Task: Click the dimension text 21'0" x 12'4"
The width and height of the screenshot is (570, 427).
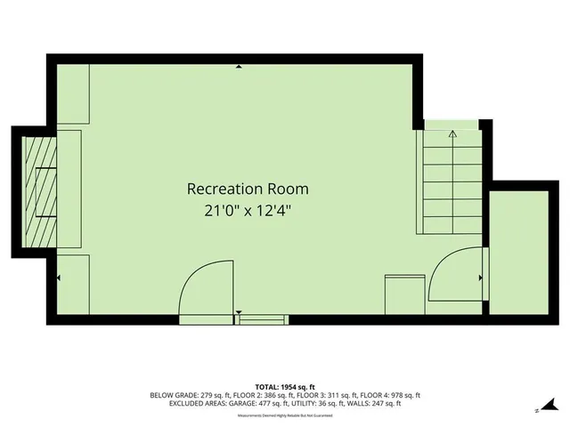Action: pos(247,211)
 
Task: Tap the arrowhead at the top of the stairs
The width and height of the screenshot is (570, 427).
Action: pos(452,135)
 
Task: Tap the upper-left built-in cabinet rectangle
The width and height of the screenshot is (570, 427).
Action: pos(73,93)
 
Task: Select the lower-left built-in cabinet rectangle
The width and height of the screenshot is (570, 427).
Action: pos(73,284)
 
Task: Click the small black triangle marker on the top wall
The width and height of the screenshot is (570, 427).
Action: pos(239,67)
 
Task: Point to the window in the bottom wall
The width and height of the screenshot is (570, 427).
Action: pos(264,318)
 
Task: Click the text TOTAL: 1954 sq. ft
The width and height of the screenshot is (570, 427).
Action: pos(284,386)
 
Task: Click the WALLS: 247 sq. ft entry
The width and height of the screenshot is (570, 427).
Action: pos(376,403)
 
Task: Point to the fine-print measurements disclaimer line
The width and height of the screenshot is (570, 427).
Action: pos(284,411)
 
